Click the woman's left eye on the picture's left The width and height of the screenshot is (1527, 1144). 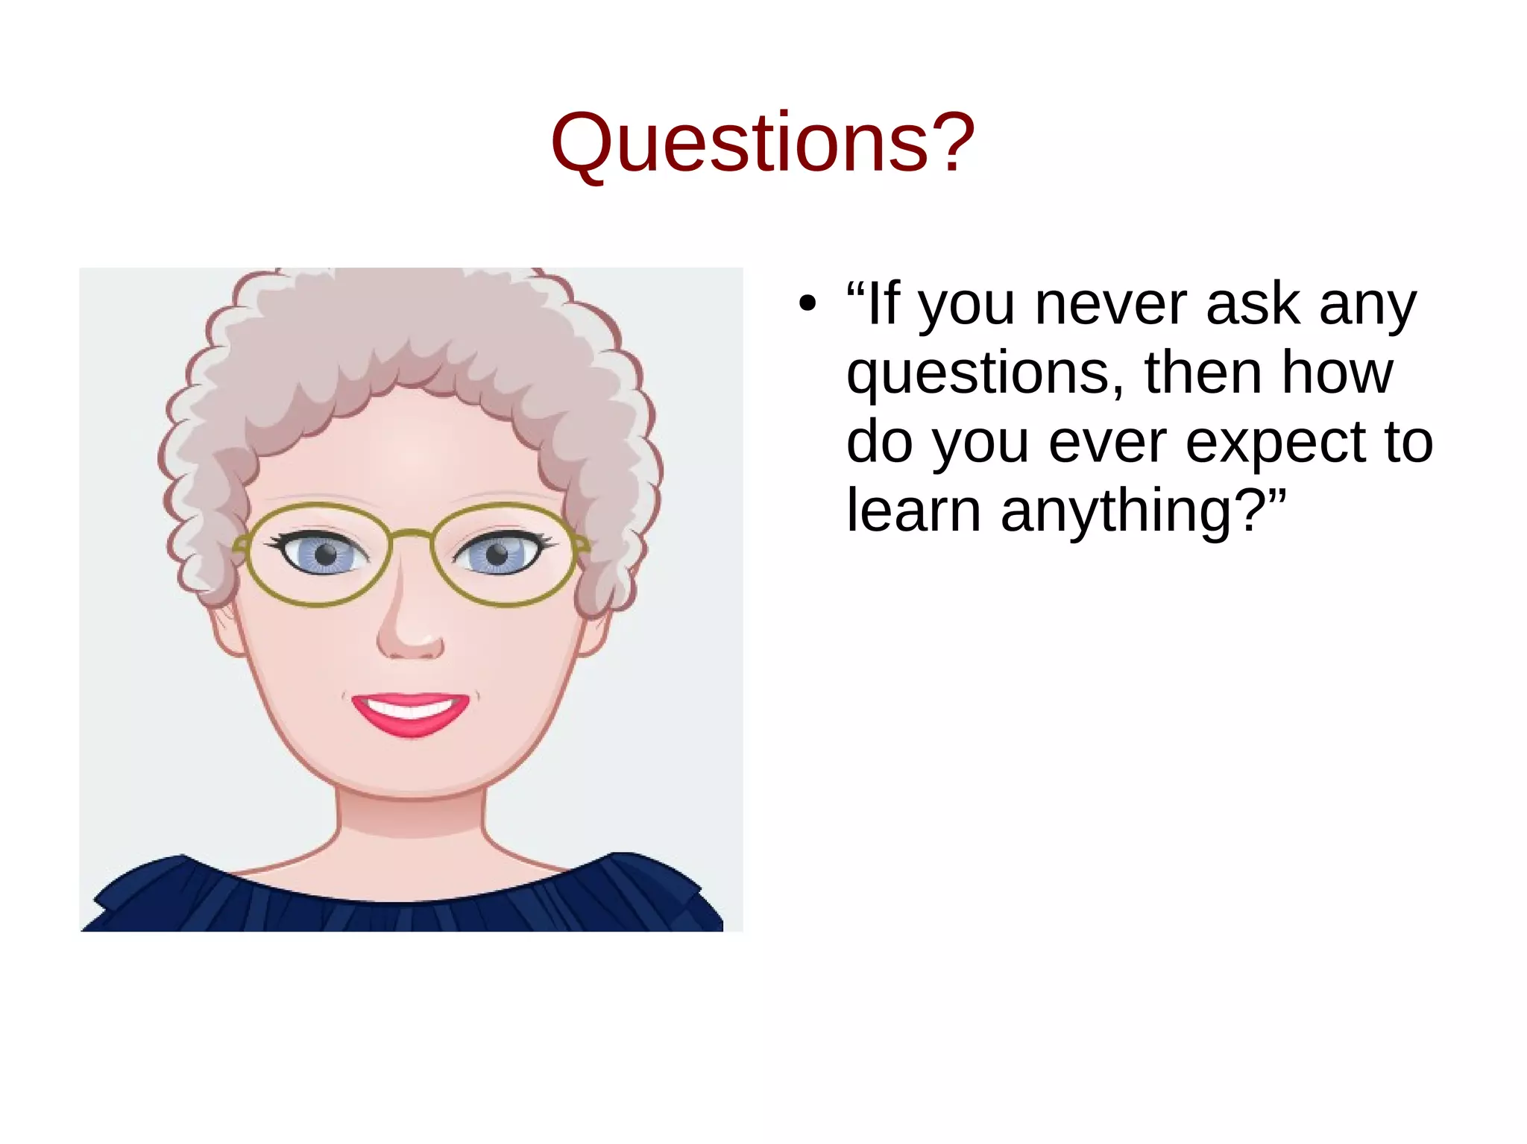point(325,554)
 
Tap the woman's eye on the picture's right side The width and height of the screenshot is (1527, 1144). point(497,554)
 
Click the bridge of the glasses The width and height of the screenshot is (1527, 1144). point(411,534)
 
